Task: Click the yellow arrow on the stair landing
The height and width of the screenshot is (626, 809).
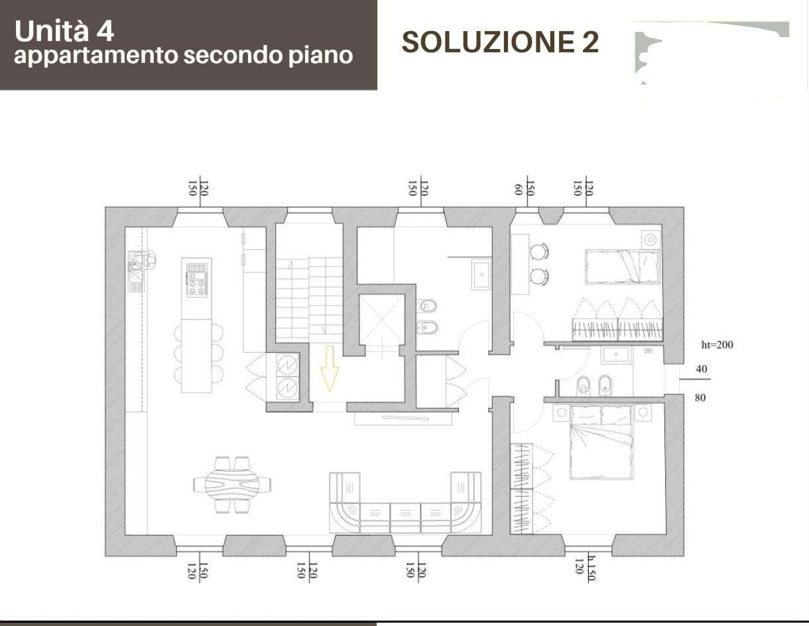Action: pyautogui.click(x=330, y=369)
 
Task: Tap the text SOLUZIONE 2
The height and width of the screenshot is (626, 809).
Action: pyautogui.click(x=501, y=42)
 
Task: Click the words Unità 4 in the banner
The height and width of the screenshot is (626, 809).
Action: pyautogui.click(x=64, y=31)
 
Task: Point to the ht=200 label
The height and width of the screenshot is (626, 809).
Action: pyautogui.click(x=717, y=345)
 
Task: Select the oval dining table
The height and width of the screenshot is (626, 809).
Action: pyautogui.click(x=232, y=484)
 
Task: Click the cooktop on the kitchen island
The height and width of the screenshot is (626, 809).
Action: pyautogui.click(x=196, y=279)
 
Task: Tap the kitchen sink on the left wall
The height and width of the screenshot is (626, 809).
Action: pyautogui.click(x=135, y=271)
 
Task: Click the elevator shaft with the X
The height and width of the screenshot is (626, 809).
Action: pyautogui.click(x=381, y=320)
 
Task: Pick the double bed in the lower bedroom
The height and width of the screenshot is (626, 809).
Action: pyautogui.click(x=601, y=442)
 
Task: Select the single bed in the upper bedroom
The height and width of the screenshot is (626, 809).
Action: pyautogui.click(x=622, y=267)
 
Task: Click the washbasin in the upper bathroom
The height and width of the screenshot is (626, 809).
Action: pyautogui.click(x=481, y=275)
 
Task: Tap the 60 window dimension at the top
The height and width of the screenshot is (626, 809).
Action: pyautogui.click(x=518, y=189)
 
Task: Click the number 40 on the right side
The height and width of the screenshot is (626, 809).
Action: pyautogui.click(x=702, y=369)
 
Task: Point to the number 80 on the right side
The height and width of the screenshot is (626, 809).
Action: pyautogui.click(x=700, y=398)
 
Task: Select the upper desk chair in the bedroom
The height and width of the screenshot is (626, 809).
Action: pyautogui.click(x=539, y=251)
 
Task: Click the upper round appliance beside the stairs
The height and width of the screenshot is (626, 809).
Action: pyautogui.click(x=288, y=365)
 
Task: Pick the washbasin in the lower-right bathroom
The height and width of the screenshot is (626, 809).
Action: pyautogui.click(x=616, y=355)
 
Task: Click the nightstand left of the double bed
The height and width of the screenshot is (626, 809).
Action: pyautogui.click(x=561, y=413)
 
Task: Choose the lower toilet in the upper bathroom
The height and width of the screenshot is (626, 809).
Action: pyautogui.click(x=426, y=328)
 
